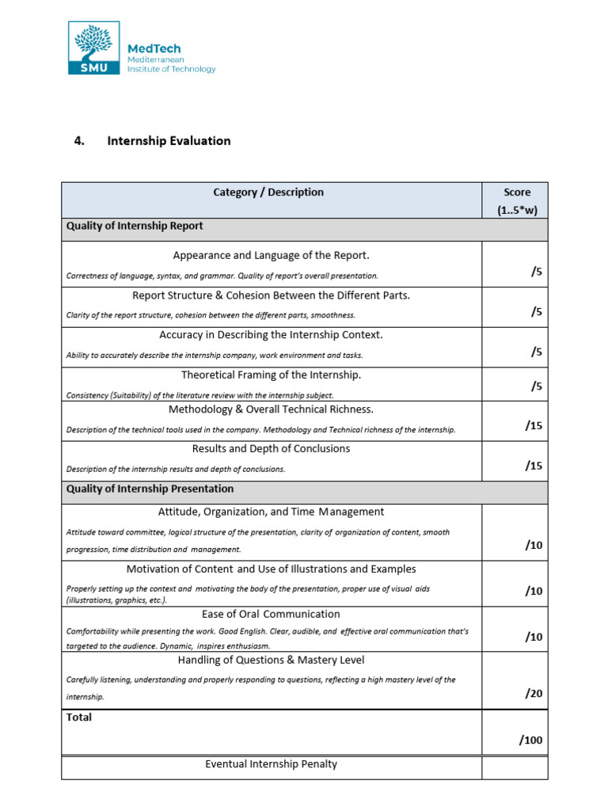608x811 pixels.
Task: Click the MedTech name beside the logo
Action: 154,48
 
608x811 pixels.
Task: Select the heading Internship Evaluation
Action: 169,141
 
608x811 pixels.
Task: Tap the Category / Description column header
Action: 268,192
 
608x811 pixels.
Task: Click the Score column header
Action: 516,201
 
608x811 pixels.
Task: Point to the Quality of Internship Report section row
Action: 135,227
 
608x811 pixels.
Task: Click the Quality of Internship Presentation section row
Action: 150,489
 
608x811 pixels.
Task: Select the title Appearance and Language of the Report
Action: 271,255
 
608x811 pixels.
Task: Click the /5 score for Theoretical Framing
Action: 537,386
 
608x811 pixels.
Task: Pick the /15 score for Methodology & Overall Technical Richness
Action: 534,425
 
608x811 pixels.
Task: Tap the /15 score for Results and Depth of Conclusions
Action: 534,466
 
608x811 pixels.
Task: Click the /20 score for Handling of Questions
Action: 534,693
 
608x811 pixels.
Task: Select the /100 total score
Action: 531,741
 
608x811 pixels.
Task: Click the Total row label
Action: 79,718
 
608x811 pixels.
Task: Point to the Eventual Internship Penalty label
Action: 271,764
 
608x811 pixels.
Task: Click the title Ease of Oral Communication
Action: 271,614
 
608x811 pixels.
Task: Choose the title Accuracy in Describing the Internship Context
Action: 271,335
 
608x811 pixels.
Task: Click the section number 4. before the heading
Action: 79,141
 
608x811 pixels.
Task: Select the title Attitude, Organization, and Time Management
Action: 271,512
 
